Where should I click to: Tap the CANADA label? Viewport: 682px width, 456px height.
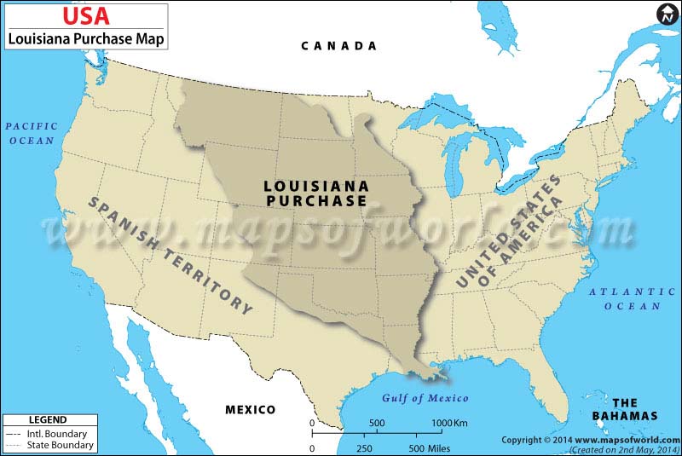(338, 46)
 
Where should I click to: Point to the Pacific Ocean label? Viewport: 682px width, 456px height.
(32, 133)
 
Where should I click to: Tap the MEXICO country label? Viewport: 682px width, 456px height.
(250, 410)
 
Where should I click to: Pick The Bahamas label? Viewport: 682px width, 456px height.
(625, 409)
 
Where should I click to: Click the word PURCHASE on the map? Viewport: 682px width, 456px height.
(315, 201)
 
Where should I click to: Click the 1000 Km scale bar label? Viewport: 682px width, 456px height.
(448, 424)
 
